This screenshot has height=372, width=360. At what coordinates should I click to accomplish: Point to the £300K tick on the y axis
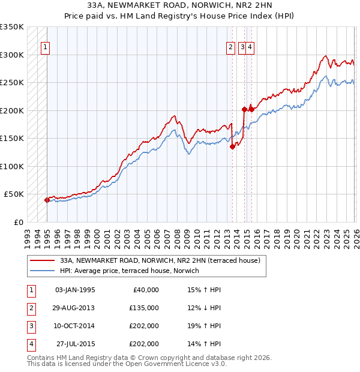pyautogui.click(x=12, y=55)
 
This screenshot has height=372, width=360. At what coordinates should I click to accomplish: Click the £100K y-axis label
pyautogui.click(x=12, y=166)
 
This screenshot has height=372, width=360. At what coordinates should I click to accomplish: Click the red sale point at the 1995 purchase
pyautogui.click(x=47, y=200)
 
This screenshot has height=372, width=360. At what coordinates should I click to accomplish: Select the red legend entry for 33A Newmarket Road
pyautogui.click(x=159, y=260)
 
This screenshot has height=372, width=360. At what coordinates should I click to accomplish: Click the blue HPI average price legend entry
pyautogui.click(x=133, y=271)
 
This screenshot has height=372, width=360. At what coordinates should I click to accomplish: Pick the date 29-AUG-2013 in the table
pyautogui.click(x=74, y=308)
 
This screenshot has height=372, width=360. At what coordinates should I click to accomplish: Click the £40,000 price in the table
pyautogui.click(x=143, y=290)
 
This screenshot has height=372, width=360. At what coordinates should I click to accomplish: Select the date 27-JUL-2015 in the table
pyautogui.click(x=75, y=344)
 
